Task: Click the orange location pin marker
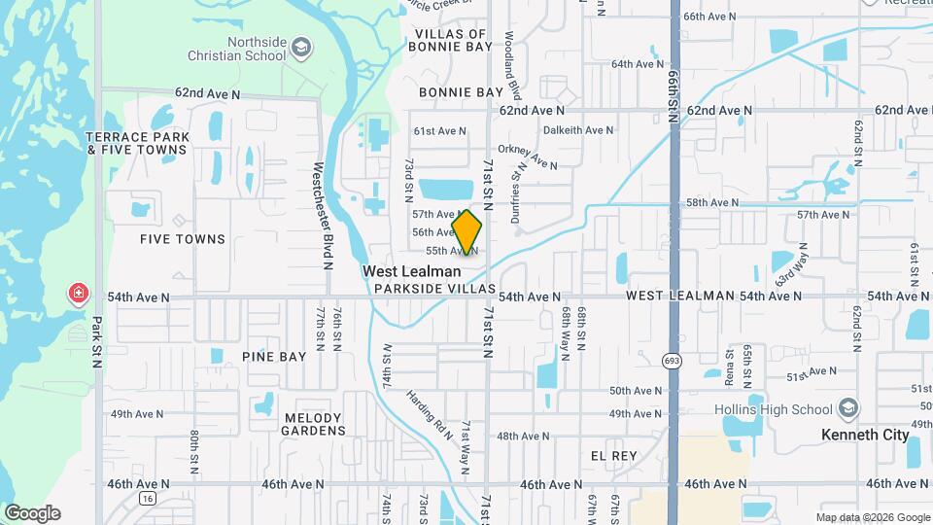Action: click(467, 232)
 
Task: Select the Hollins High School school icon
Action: click(849, 408)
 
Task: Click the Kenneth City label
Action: click(865, 435)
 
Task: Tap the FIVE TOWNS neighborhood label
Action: click(183, 239)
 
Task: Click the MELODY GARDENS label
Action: click(314, 423)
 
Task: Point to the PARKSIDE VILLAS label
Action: click(434, 291)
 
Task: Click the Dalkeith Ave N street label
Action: click(578, 129)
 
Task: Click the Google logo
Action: click(32, 512)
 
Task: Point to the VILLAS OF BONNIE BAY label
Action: click(450, 40)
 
